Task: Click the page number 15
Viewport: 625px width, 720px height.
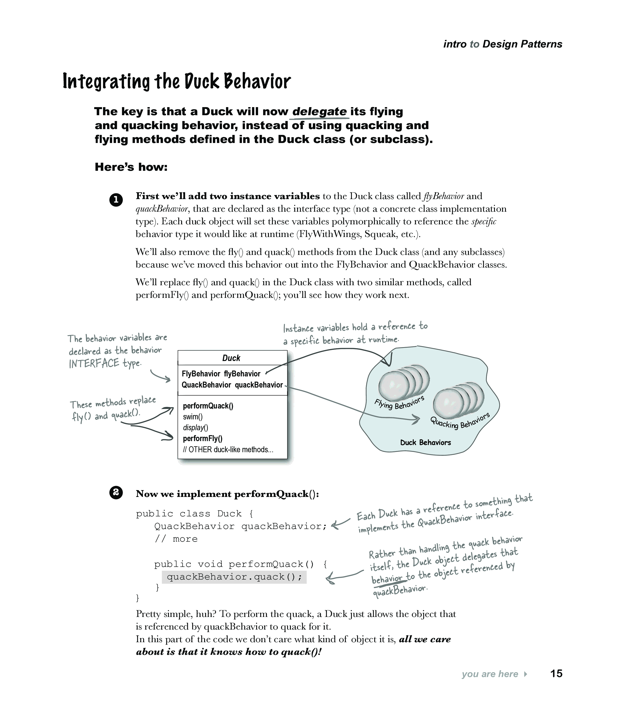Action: click(x=556, y=673)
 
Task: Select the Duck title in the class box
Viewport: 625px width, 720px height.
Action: click(x=231, y=358)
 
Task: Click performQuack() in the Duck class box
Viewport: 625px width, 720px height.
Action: click(x=208, y=406)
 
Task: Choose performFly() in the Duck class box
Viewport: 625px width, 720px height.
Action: click(x=203, y=439)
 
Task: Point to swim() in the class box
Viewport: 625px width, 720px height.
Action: click(x=193, y=417)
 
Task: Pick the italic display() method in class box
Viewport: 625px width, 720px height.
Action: click(x=196, y=428)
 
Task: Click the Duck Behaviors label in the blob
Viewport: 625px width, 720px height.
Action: click(x=426, y=443)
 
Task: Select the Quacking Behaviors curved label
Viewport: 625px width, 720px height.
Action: click(x=460, y=421)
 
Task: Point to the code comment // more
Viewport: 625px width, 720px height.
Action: click(x=176, y=539)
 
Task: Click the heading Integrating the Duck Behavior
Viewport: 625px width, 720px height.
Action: click(x=177, y=82)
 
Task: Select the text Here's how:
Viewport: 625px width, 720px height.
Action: click(x=131, y=167)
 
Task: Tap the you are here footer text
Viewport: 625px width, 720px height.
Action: click(x=490, y=674)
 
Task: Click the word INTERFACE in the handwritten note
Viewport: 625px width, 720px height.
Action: click(x=94, y=364)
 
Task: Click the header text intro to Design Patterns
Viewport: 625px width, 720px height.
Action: click(x=503, y=44)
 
